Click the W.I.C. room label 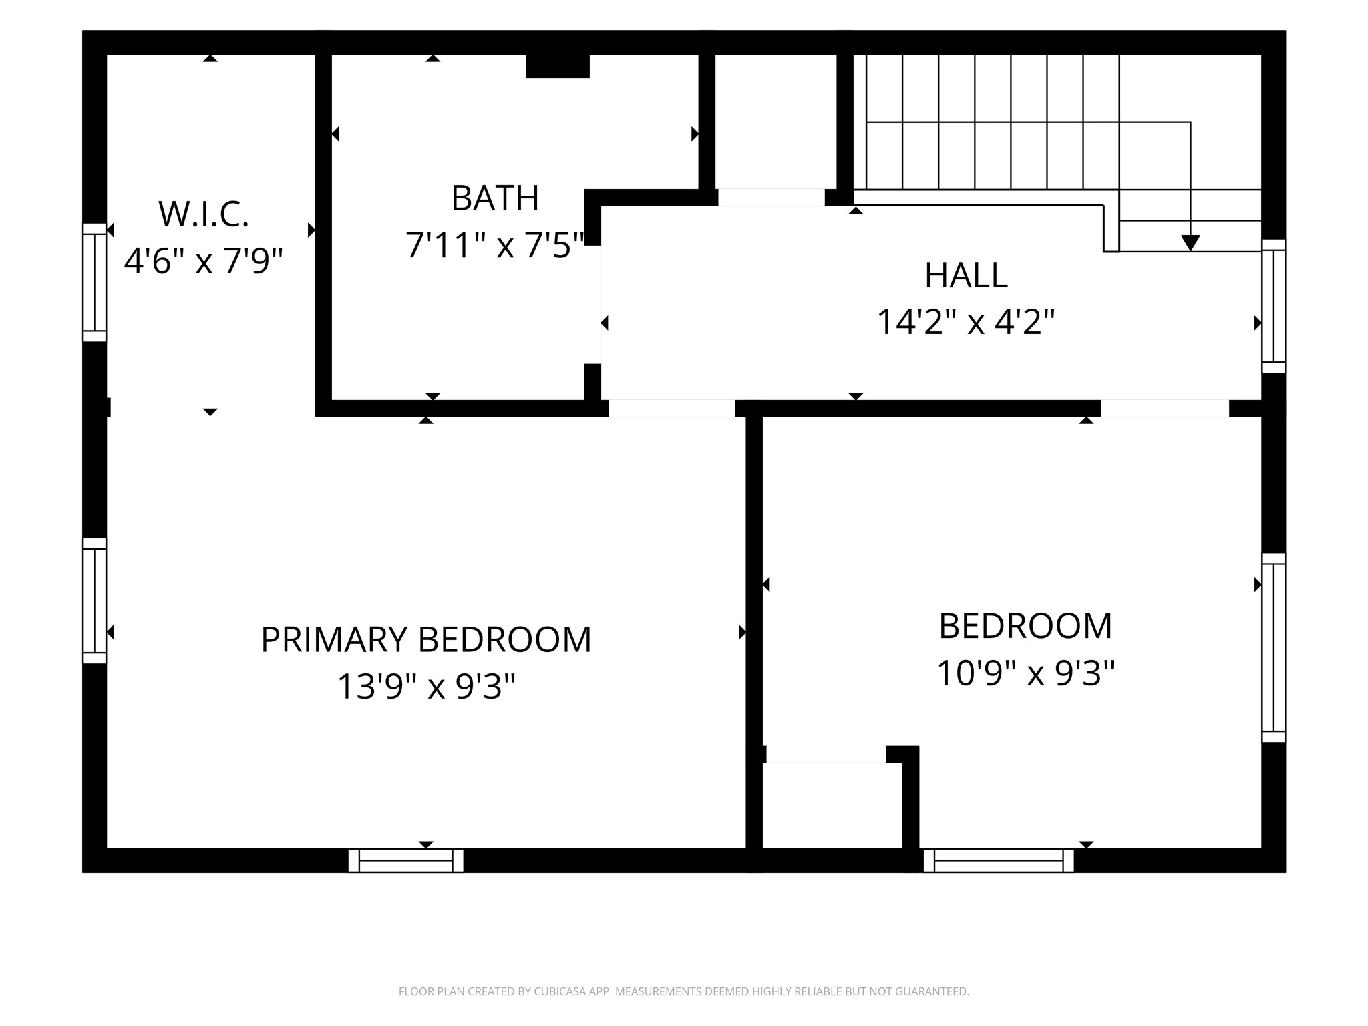[x=204, y=214]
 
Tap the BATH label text [x=495, y=198]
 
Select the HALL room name [x=966, y=275]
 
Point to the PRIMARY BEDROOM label [x=426, y=640]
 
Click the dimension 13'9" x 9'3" [x=426, y=686]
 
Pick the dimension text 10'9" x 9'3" [x=1026, y=673]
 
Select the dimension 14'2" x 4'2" [x=966, y=322]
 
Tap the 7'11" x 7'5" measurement [x=495, y=245]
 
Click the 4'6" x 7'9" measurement [x=204, y=261]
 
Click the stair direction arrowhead [x=1190, y=243]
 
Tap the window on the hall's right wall [x=1274, y=306]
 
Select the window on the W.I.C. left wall [x=95, y=283]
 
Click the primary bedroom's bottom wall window [x=406, y=860]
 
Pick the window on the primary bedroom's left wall [x=95, y=601]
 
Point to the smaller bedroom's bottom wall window [x=999, y=860]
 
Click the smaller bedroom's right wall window [x=1274, y=648]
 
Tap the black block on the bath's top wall [x=558, y=66]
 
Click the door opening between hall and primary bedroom [x=672, y=408]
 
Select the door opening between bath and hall [x=592, y=305]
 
